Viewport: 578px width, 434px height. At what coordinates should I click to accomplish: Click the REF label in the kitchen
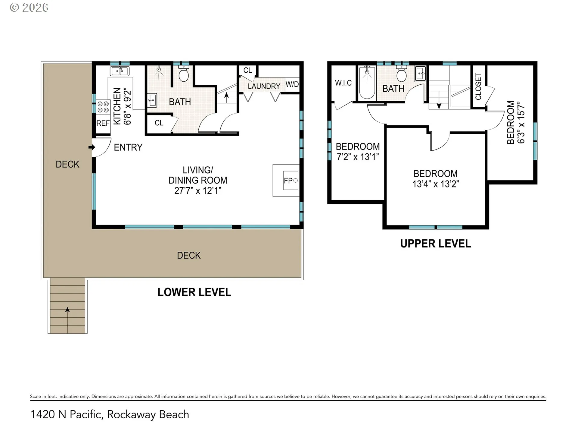point(103,123)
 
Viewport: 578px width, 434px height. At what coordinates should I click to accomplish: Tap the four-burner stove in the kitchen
point(103,107)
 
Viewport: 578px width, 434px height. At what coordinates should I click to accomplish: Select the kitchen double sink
point(120,71)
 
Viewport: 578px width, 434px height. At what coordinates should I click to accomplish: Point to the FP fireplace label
point(288,181)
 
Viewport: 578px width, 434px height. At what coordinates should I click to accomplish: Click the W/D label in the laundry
point(292,84)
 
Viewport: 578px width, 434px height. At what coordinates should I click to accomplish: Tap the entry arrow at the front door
point(92,147)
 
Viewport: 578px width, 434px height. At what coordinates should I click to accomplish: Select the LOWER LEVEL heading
point(194,292)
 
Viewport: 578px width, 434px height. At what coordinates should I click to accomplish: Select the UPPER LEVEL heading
point(436,244)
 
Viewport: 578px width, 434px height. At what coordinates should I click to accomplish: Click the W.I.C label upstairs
point(343,83)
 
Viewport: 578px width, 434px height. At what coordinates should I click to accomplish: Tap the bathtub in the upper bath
point(367,82)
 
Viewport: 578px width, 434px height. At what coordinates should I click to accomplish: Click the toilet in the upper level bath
point(401,74)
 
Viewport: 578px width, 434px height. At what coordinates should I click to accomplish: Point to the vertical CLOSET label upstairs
point(478,86)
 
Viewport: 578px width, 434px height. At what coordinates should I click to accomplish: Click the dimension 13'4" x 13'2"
point(436,184)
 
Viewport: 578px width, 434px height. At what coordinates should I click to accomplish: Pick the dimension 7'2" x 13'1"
point(358,157)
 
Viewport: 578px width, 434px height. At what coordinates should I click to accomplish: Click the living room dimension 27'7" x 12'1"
point(198,190)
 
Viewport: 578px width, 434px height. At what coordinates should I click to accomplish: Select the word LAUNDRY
point(264,86)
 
